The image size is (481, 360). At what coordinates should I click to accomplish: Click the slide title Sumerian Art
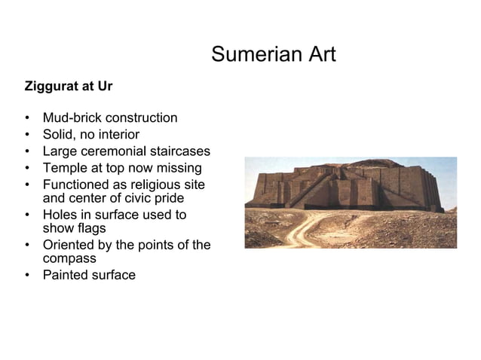(273, 55)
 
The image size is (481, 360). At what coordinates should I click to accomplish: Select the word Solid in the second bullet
(58, 135)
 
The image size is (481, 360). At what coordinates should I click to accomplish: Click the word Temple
(66, 168)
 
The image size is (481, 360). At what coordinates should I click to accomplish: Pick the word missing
(177, 168)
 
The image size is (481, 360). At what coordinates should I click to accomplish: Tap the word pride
(168, 198)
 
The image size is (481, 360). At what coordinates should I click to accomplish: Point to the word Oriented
(70, 245)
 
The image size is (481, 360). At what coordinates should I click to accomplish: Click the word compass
(69, 258)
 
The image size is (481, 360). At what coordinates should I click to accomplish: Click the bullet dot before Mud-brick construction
(27, 118)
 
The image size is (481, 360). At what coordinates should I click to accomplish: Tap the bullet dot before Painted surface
(27, 275)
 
